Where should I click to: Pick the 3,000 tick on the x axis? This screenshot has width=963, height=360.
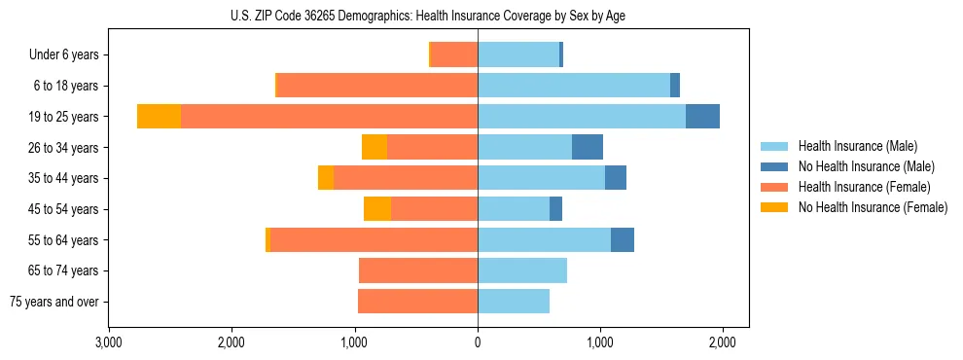108,342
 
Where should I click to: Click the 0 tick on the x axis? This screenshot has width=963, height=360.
478,342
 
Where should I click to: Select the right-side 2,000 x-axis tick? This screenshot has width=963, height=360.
722,342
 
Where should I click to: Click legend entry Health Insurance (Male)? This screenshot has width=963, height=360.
857,146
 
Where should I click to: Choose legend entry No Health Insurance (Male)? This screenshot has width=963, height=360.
866,166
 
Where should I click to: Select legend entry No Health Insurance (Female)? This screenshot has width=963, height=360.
872,207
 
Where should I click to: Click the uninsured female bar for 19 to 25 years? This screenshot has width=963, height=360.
159,117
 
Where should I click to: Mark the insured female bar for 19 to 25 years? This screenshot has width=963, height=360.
329,117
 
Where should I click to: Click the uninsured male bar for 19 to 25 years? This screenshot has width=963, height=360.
702,117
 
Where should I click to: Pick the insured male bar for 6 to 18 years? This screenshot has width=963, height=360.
574,86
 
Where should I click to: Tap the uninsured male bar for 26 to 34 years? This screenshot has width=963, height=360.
588,147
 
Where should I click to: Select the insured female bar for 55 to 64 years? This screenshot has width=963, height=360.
374,239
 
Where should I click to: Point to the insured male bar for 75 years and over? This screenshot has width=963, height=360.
514,302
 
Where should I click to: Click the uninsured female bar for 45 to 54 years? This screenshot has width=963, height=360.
377,209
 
